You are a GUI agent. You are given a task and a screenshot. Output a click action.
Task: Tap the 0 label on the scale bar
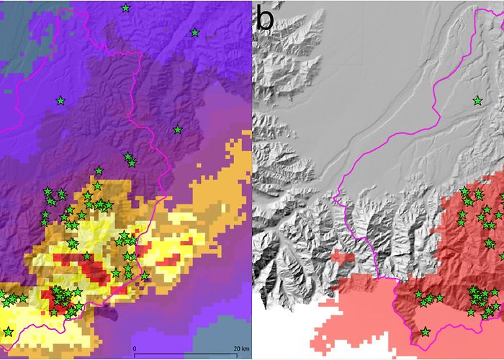pyautogui.click(x=135, y=350)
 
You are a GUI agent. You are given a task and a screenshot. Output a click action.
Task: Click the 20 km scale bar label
pyautogui.click(x=240, y=350)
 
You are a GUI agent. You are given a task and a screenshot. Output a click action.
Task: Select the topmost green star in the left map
pyautogui.click(x=126, y=8)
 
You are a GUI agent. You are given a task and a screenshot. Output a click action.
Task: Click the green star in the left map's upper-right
pyautogui.click(x=194, y=32)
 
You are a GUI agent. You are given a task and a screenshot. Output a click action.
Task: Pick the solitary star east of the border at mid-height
pyautogui.click(x=177, y=130)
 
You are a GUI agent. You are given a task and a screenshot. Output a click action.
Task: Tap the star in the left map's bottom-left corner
pyautogui.click(x=8, y=331)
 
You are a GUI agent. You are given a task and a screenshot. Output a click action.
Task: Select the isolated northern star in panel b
pyautogui.click(x=477, y=101)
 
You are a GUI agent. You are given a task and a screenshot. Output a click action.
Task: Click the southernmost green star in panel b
pyautogui.click(x=426, y=332)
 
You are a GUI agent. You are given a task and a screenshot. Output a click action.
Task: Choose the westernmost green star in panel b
pyautogui.click(x=418, y=294)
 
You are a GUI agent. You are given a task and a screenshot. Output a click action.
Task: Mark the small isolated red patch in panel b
pyautogui.click(x=343, y=256)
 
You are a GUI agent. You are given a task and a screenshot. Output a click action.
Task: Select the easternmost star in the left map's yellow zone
pyautogui.click(x=145, y=276)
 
